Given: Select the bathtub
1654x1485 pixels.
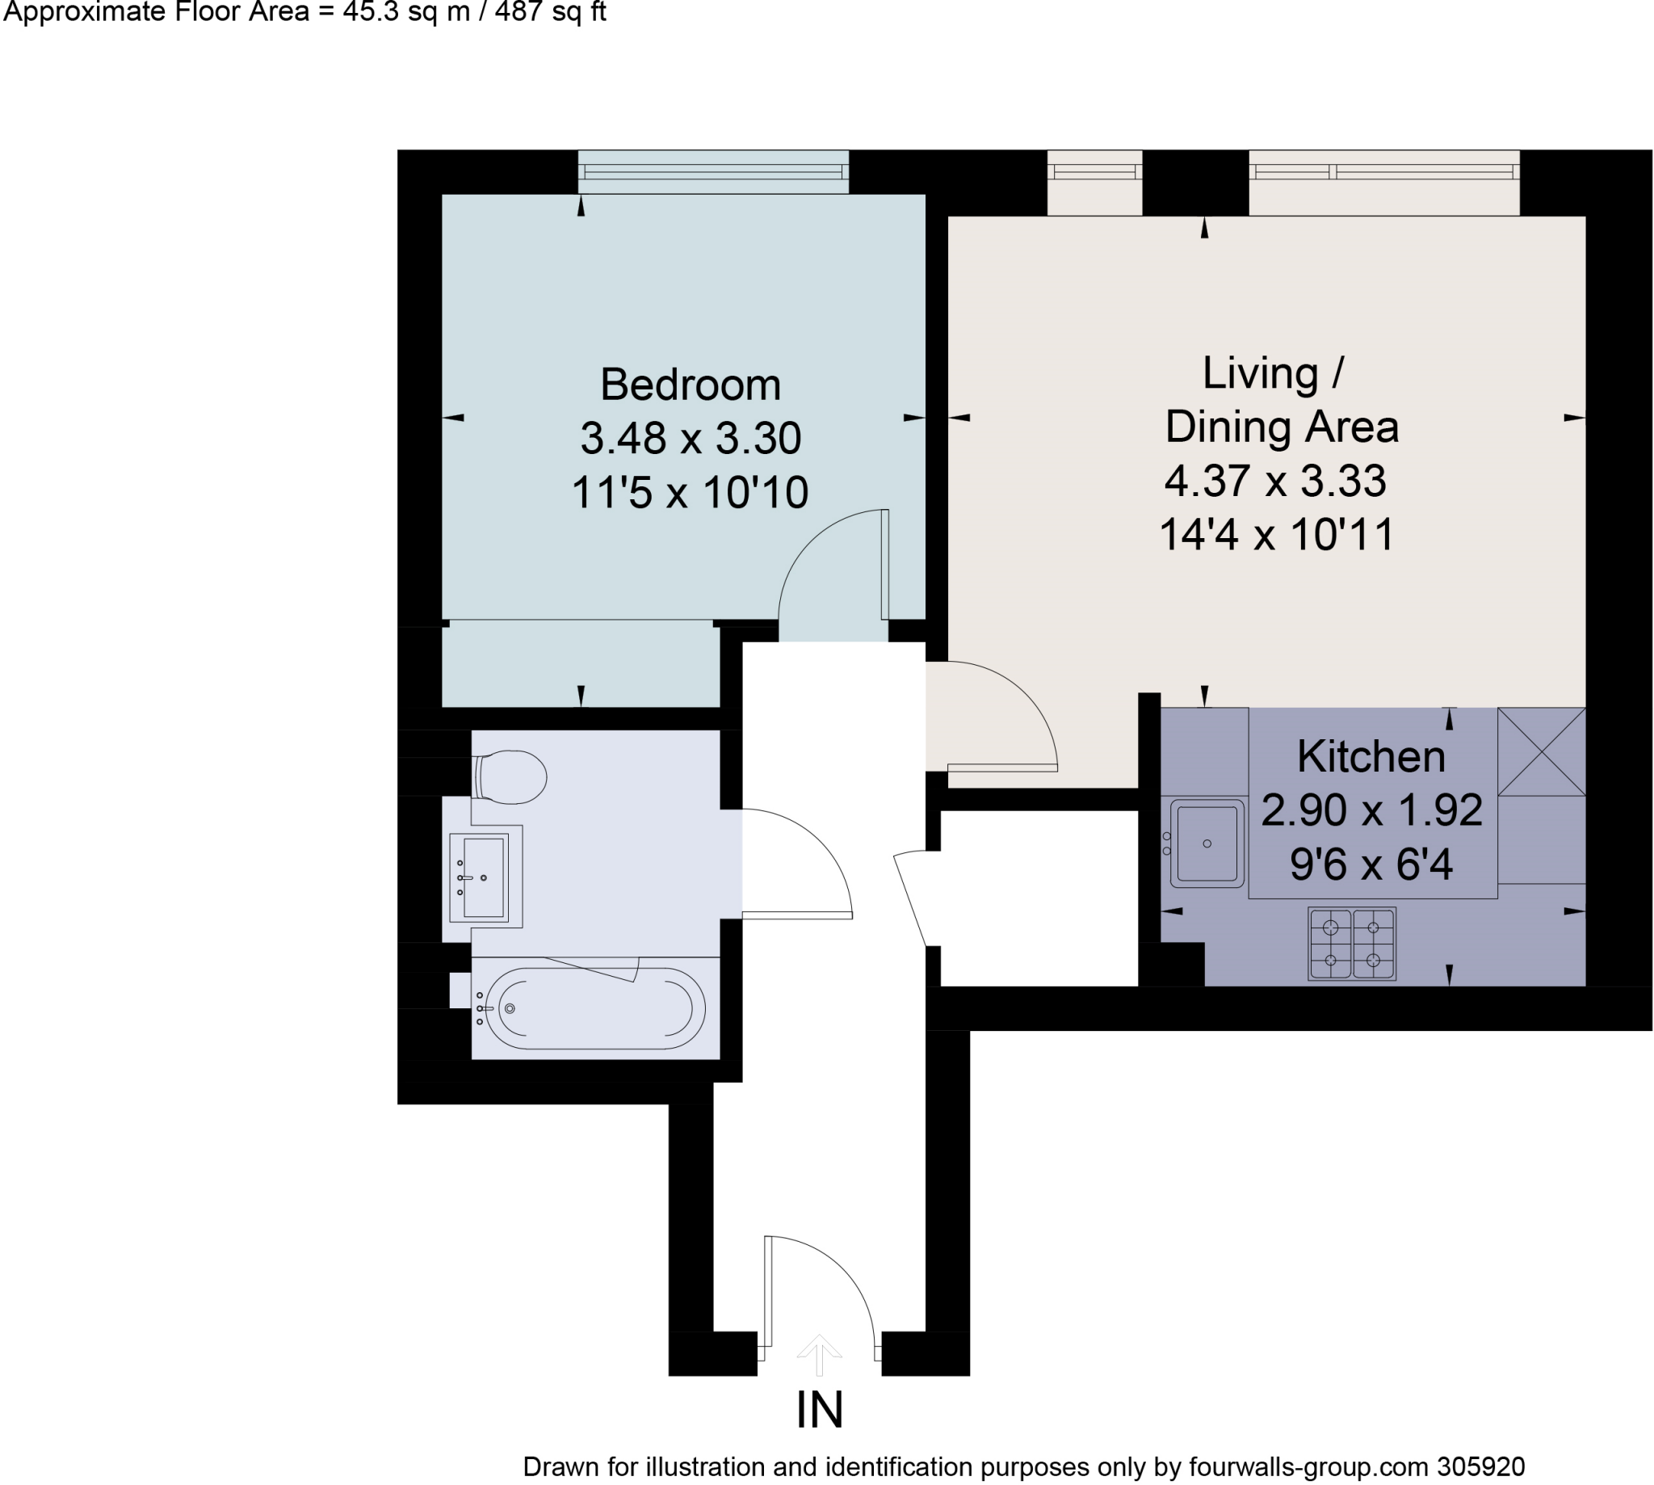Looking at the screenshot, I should [x=594, y=1008].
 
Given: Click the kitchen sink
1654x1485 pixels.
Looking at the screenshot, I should [x=1207, y=843].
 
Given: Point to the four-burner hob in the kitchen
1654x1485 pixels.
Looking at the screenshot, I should [x=1351, y=943].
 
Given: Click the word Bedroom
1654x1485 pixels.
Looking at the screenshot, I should [x=690, y=385].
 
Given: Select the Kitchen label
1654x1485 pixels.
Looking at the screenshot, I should [x=1371, y=756].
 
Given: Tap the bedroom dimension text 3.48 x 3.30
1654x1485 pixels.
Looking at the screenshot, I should [x=690, y=438].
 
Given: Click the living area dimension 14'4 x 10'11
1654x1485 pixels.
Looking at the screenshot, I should [x=1276, y=534].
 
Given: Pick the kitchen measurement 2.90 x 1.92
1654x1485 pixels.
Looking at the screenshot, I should [x=1371, y=810].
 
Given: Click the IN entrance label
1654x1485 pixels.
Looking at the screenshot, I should [x=819, y=1410].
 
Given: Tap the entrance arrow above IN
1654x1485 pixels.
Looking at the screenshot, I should [x=819, y=1353].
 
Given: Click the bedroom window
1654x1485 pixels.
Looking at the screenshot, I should [x=714, y=172].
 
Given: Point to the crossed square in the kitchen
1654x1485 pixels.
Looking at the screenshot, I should [x=1541, y=751].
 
